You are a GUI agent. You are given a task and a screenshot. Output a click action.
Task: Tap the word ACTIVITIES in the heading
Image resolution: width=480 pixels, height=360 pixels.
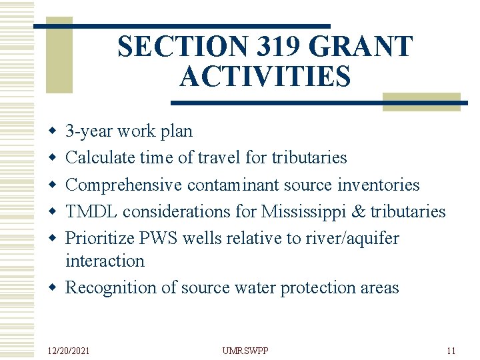coord(265,77)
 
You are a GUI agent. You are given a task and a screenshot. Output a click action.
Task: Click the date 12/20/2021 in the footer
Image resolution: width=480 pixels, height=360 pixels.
coord(69,351)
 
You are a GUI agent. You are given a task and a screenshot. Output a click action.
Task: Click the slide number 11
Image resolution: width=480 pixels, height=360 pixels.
coord(451,351)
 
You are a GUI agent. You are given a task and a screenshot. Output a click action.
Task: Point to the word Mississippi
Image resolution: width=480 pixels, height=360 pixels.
coord(303,211)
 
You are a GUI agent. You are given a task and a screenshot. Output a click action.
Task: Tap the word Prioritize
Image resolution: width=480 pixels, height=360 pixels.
coord(98,238)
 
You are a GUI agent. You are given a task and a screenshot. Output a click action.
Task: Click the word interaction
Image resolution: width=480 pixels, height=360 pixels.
coord(105,261)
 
